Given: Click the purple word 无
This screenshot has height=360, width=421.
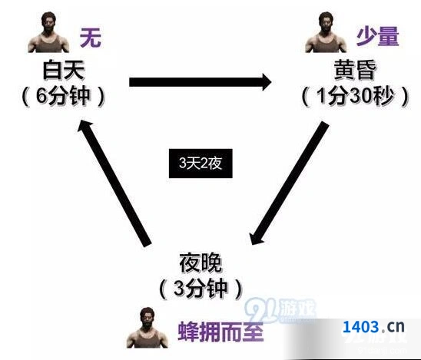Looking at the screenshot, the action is [91, 38].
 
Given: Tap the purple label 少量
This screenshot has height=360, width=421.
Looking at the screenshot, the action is [378, 37].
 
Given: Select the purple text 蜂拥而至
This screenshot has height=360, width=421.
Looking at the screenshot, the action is [220, 331].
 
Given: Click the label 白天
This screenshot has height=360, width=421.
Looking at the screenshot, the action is [64, 70].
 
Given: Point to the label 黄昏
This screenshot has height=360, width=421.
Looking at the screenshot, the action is [355, 70].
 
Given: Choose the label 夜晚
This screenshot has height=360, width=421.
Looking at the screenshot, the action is [201, 263].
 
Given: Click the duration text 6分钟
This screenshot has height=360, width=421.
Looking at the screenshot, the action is [62, 96].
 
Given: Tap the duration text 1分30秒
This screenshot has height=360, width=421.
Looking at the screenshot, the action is [355, 96].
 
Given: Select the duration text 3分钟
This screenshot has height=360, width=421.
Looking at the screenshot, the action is [201, 289].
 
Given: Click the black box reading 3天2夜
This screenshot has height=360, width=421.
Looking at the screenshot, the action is [201, 163].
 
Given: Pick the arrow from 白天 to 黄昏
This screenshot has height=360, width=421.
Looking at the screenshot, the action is [201, 82].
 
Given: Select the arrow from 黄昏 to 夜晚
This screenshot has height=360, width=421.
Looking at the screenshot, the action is [289, 183].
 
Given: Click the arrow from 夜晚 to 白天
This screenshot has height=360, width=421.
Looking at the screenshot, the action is [114, 183].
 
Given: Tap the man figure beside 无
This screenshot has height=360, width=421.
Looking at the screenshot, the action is [48, 32].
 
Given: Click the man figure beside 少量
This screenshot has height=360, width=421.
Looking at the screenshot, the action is [326, 32].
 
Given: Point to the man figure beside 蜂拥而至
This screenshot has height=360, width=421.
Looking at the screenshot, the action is [148, 328].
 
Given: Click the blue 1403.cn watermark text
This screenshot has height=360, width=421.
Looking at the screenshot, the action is [373, 327].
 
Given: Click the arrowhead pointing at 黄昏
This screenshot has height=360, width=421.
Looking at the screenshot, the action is [267, 82].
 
